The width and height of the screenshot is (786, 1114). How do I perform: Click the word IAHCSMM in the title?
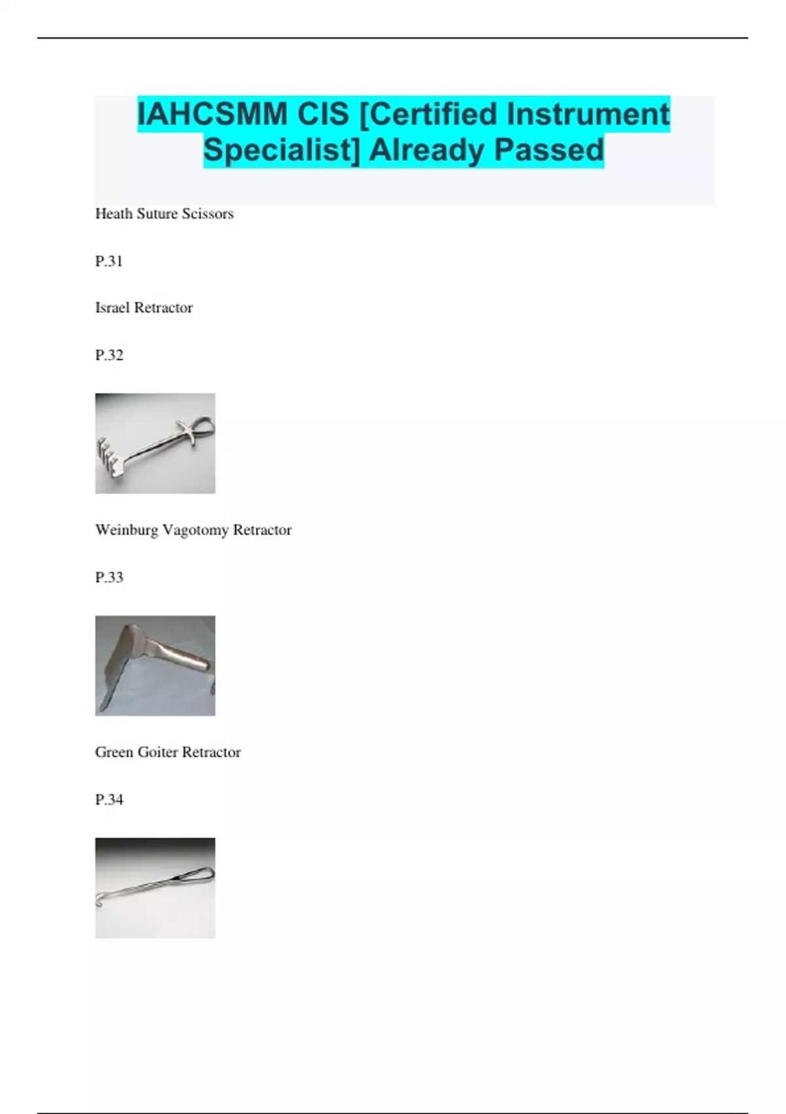(212, 115)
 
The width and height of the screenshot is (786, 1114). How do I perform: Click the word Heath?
(114, 214)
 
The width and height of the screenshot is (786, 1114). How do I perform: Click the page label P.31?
(109, 261)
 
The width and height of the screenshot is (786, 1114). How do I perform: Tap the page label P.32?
(109, 355)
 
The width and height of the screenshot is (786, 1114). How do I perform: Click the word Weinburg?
(126, 529)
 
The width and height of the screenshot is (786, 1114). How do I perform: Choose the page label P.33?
(109, 577)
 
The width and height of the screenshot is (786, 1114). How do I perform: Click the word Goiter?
(157, 752)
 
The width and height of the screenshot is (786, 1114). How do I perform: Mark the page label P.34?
(109, 799)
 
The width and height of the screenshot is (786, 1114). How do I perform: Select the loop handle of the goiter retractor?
(200, 875)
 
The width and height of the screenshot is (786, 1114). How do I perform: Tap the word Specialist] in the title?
(282, 150)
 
